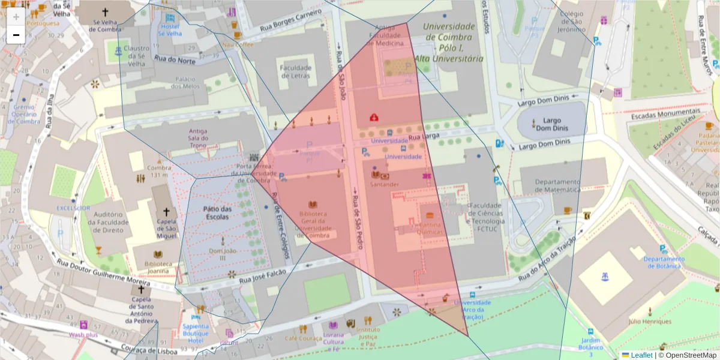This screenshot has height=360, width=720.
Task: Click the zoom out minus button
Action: point(16,35)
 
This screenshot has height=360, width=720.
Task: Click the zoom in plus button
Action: point(16,17)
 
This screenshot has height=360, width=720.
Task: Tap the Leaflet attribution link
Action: point(641,355)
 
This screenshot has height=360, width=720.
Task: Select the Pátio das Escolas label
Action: point(217,212)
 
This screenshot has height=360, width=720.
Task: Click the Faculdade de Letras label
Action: point(295,71)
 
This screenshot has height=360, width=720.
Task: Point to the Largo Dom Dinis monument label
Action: point(551,124)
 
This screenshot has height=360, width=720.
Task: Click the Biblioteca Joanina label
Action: point(154,267)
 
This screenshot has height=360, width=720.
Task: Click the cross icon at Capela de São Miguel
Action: point(167,212)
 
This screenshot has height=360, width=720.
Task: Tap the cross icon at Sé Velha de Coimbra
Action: point(106,11)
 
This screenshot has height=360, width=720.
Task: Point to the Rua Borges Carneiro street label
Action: point(291,22)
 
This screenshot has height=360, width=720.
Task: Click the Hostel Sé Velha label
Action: point(169,30)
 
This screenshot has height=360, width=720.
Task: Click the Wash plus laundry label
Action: point(83,335)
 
